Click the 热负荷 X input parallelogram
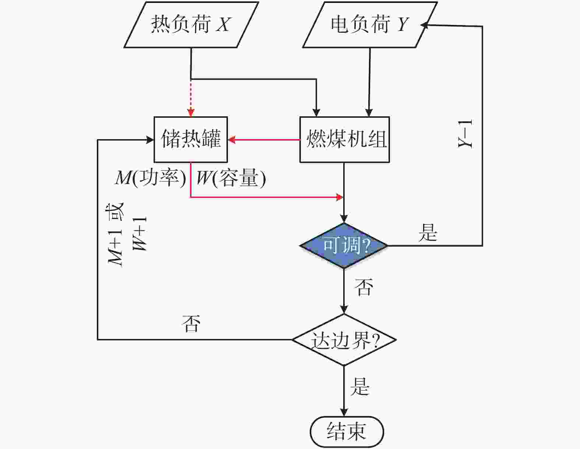191,25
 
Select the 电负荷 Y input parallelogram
370,25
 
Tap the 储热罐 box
191,139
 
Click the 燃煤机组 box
345,139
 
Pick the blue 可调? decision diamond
344,245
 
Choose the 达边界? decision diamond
344,340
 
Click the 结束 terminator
347,432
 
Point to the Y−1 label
465,134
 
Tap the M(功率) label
151,178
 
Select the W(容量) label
231,178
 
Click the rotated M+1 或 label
115,234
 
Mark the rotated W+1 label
140,234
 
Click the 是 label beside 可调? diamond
428,233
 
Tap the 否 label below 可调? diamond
363,287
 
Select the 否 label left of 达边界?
191,324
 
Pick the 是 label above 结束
360,386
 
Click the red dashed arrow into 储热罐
191,98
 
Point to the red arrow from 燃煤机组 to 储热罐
264,139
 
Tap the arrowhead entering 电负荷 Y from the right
424,25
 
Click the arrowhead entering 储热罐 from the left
150,140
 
